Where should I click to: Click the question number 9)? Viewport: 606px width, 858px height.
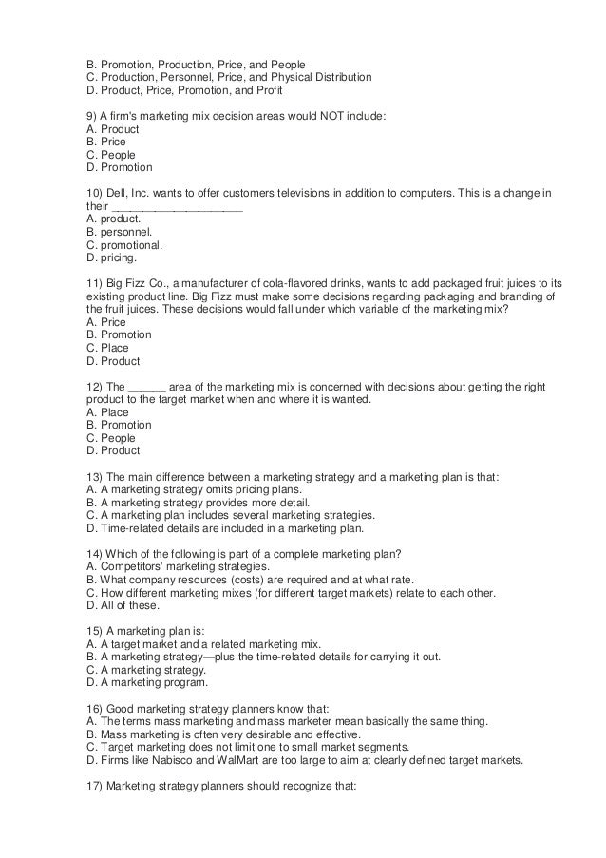point(92,114)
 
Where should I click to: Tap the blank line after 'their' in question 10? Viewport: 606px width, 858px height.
point(178,205)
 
